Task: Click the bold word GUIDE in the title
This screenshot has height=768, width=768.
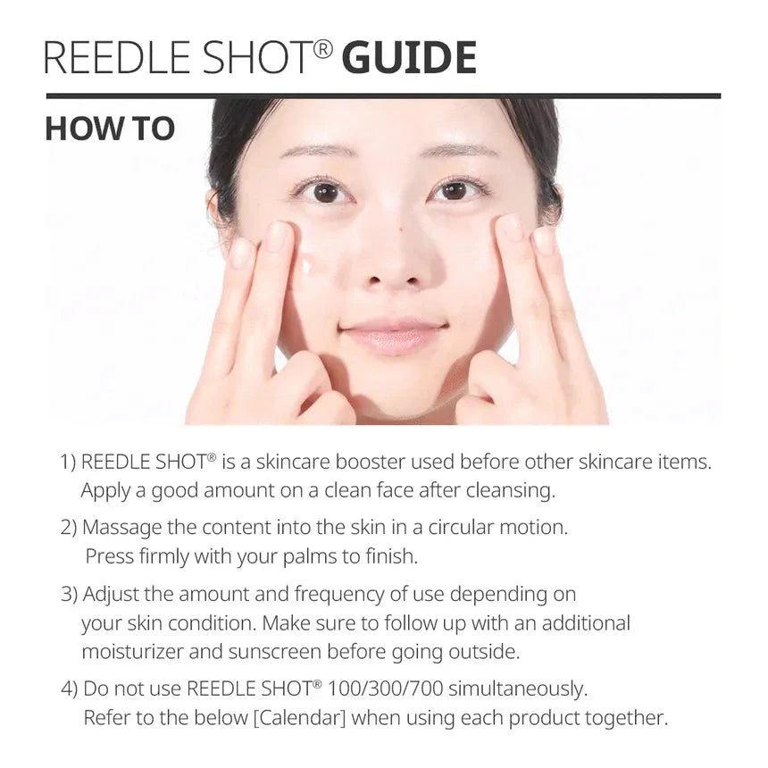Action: [409, 58]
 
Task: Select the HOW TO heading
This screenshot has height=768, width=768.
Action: [110, 129]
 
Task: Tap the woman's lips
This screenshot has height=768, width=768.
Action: [393, 337]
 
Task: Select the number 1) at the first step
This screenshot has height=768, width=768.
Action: [69, 463]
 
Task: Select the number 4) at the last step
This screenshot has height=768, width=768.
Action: [70, 689]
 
